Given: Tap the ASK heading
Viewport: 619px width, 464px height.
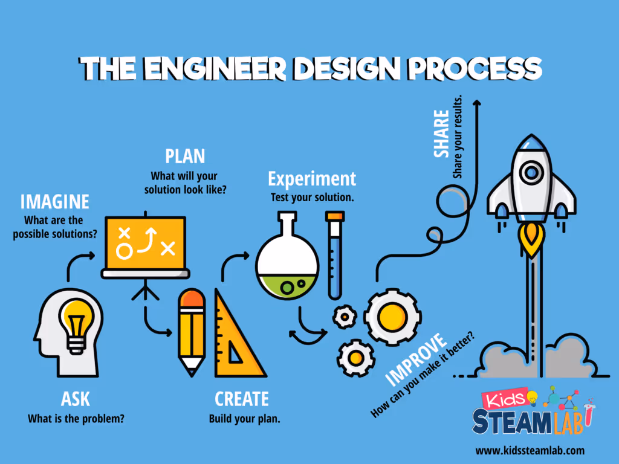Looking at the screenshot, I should pyautogui.click(x=76, y=399).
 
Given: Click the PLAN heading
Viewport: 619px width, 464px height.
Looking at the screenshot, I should pyautogui.click(x=185, y=156).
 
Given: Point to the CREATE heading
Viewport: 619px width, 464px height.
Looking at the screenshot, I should pyautogui.click(x=242, y=399).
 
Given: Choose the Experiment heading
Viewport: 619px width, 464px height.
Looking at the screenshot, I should pyautogui.click(x=312, y=179).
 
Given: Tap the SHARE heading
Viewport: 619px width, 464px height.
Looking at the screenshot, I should pyautogui.click(x=442, y=134).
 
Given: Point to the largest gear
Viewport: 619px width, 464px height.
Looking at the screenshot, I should pyautogui.click(x=391, y=314).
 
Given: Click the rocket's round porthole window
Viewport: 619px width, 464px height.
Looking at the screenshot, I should pyautogui.click(x=531, y=173).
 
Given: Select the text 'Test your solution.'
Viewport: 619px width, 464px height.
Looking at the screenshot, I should pyautogui.click(x=312, y=198).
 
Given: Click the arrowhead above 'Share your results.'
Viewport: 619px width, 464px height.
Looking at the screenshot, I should pyautogui.click(x=477, y=104).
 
